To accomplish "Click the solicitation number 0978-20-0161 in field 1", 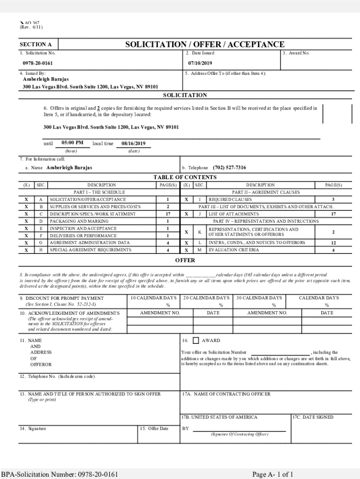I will point(37,63).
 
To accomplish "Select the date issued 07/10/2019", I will point(200,63).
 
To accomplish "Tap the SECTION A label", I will point(36,45).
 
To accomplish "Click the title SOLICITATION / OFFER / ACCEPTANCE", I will point(204,44).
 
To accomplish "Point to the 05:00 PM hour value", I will point(72,143).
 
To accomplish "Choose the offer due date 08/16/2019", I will point(133,144).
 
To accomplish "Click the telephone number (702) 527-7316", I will point(229,167).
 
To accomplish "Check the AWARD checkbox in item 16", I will point(195,341).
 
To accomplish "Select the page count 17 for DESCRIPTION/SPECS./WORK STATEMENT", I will point(167,214).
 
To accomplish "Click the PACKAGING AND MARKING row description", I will point(79,221).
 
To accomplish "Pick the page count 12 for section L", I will point(333,243).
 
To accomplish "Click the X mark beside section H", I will point(26,250).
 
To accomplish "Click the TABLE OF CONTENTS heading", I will point(185,177).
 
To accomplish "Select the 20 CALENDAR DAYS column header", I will point(206,298).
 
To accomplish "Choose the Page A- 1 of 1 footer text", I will point(273,474).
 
